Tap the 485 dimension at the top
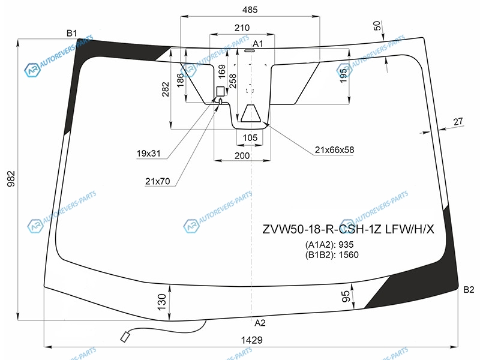(x=250, y=10)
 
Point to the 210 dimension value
(x=242, y=28)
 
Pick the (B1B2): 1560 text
(x=331, y=254)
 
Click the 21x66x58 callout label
(x=334, y=150)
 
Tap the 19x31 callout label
(x=149, y=154)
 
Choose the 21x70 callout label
(x=158, y=180)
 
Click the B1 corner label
(x=72, y=32)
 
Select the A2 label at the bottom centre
(x=260, y=323)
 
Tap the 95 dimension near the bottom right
(x=346, y=296)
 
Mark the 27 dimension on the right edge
(x=458, y=122)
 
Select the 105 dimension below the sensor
(x=250, y=138)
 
